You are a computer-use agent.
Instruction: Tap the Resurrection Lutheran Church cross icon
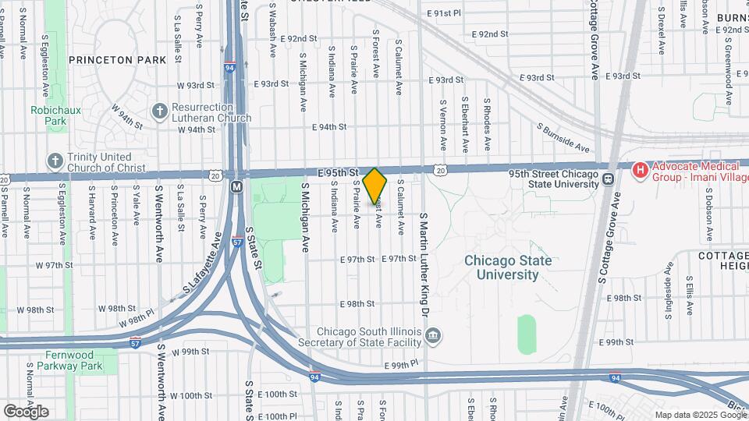158,111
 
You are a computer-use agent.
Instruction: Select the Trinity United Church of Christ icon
55,161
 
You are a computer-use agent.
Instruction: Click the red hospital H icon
640,169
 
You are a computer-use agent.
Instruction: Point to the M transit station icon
236,187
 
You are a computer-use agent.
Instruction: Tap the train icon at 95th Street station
607,180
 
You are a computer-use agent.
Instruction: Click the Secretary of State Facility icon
435,336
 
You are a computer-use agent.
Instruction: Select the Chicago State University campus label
508,267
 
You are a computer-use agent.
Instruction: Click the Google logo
26,411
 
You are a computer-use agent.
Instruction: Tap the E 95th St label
337,171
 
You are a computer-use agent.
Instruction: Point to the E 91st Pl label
445,13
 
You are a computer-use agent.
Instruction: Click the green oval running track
527,333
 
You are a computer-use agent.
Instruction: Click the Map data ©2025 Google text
700,414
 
